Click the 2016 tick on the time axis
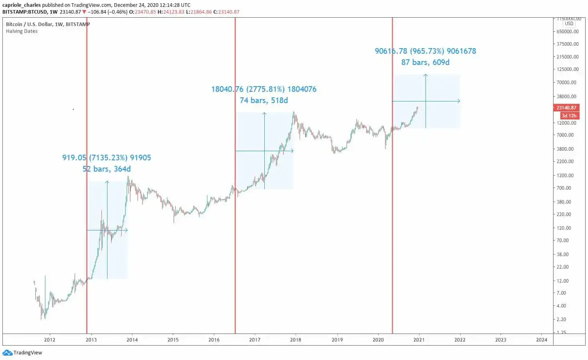pos(214,340)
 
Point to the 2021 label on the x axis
pos(419,340)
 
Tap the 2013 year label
pos(91,340)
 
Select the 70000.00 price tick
pos(566,82)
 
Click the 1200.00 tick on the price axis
pos(565,175)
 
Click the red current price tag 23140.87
pos(566,107)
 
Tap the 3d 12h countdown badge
pos(569,115)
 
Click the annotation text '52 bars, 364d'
pos(107,169)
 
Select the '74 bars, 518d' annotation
pos(264,100)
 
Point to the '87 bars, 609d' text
pos(425,62)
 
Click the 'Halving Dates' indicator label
pos(22,31)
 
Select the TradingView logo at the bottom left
pos(22,353)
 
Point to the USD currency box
pos(569,24)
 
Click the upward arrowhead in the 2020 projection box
pos(426,75)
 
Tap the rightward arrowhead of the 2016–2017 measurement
pos(292,151)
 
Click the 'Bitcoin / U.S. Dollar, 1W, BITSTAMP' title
pos(48,24)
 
